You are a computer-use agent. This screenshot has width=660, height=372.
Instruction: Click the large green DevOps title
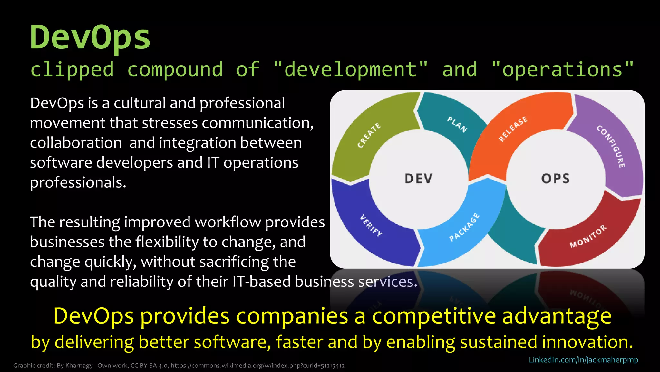[x=90, y=37]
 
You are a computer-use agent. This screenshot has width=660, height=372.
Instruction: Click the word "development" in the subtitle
[x=350, y=69]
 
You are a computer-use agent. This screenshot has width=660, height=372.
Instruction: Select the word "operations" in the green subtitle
[x=562, y=69]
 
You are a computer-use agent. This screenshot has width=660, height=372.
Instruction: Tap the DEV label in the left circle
[x=418, y=179]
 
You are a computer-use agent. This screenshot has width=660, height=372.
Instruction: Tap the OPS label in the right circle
[x=555, y=179]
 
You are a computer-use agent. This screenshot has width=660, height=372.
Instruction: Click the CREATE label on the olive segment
[x=369, y=135]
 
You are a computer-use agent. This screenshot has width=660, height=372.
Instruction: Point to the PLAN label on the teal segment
[x=457, y=124]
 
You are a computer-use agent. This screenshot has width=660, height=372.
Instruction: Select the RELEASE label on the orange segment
[x=513, y=129]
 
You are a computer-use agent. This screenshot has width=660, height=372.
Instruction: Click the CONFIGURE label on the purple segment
[x=611, y=146]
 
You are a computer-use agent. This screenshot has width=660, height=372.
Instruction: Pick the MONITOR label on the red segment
[x=588, y=236]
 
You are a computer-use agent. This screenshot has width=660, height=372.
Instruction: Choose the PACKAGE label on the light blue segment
[x=464, y=227]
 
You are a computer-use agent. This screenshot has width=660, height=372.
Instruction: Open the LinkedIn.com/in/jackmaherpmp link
[x=583, y=360]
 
